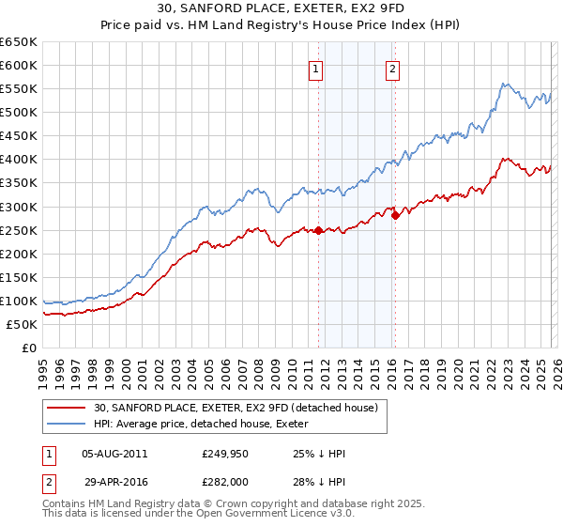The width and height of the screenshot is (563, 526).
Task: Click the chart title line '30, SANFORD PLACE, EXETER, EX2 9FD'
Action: (x=281, y=8)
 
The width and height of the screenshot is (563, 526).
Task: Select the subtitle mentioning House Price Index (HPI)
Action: (x=281, y=24)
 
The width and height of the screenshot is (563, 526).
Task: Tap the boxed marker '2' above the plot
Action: (x=391, y=68)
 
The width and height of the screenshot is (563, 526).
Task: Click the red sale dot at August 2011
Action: (x=318, y=230)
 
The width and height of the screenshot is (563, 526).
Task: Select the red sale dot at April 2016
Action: (x=395, y=215)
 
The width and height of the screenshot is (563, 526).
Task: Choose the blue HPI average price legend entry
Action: (x=206, y=424)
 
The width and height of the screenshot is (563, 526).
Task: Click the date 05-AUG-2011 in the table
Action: (x=114, y=454)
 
